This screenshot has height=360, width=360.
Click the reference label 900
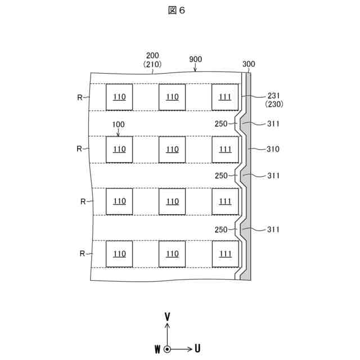point(196,59)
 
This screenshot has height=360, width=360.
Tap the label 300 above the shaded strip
point(249,64)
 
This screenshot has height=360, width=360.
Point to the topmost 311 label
point(273,124)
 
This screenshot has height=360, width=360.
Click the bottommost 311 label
point(273,229)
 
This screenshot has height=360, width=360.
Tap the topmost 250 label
point(221,124)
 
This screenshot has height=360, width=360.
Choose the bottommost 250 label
point(221,229)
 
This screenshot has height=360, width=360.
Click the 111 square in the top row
point(225,97)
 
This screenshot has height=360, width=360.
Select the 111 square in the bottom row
point(225,254)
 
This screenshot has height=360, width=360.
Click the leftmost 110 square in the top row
point(119,97)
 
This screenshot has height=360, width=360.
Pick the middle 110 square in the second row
point(172,150)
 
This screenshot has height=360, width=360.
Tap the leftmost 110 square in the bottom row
point(119,254)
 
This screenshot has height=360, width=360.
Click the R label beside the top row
point(80,97)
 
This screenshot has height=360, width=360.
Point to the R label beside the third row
point(83,201)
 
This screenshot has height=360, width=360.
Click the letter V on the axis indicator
point(167,317)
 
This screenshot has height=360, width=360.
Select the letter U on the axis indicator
point(197,349)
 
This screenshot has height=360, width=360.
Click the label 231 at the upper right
point(273,96)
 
